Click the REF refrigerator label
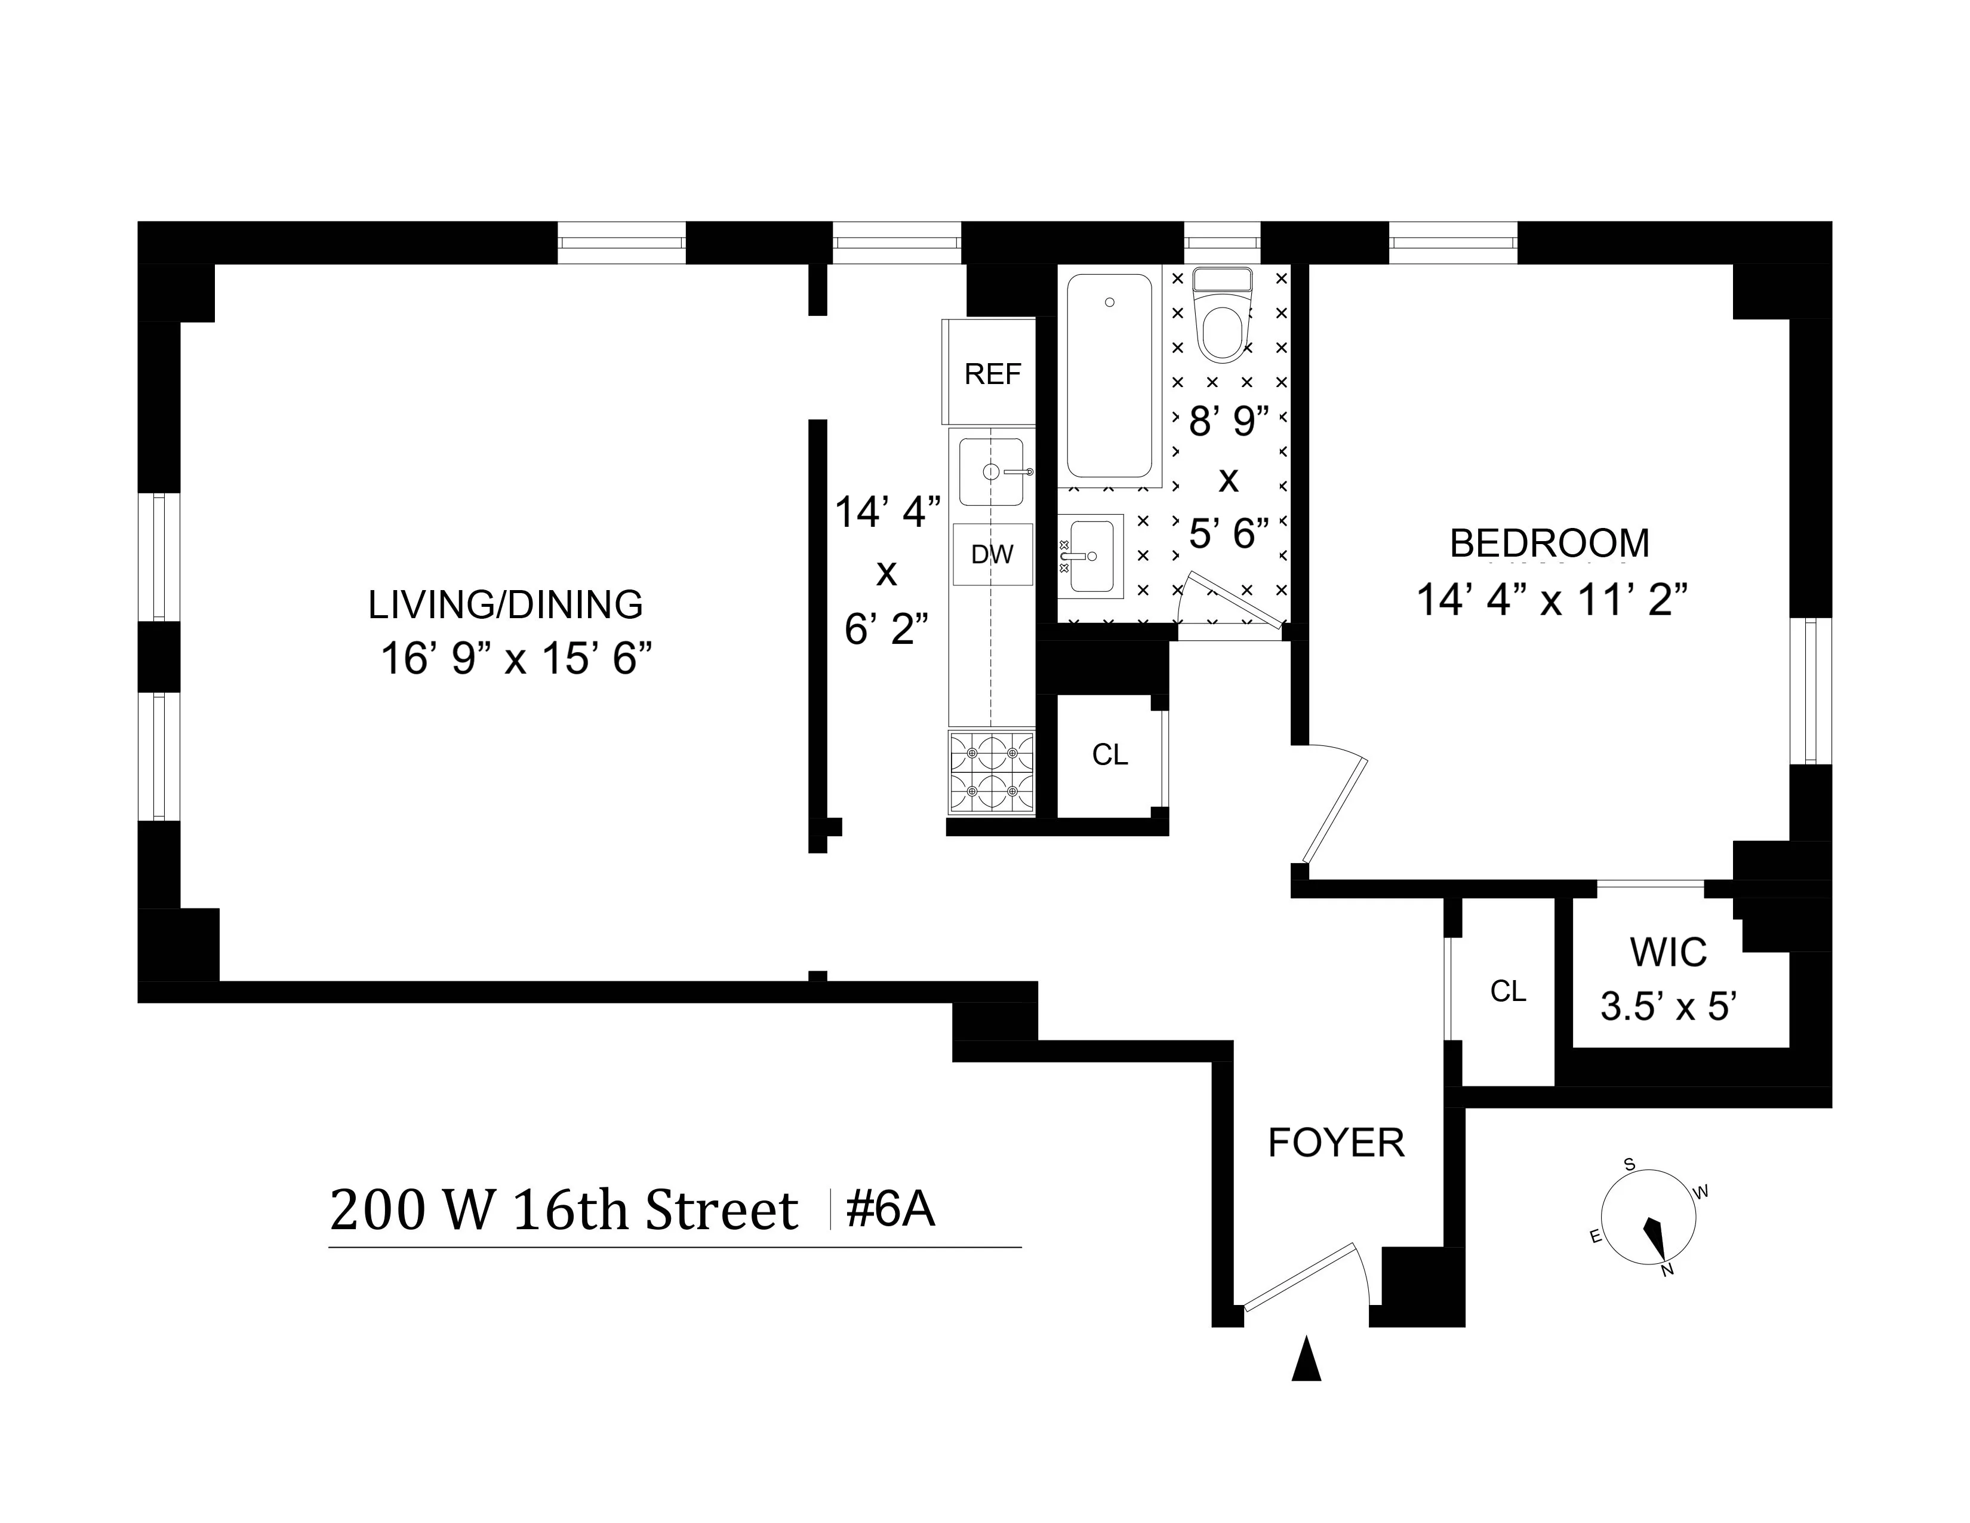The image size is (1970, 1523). pos(992,373)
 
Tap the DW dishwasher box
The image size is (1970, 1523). pos(992,554)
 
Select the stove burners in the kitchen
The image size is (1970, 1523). pos(992,772)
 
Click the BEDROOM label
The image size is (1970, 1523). pos(1549,543)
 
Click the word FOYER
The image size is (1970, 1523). pos(1336,1143)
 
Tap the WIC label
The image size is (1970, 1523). pos(1668,952)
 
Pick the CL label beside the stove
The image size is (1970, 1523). pos(1110,754)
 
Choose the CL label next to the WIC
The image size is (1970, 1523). pos(1507,991)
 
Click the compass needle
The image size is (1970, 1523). pos(1655,1236)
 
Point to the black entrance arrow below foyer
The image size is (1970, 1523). pos(1306,1360)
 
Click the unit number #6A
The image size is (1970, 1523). pos(890,1209)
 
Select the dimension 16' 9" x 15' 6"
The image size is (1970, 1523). pos(516,659)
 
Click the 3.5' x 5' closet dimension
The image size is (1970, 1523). pos(1669,1006)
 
